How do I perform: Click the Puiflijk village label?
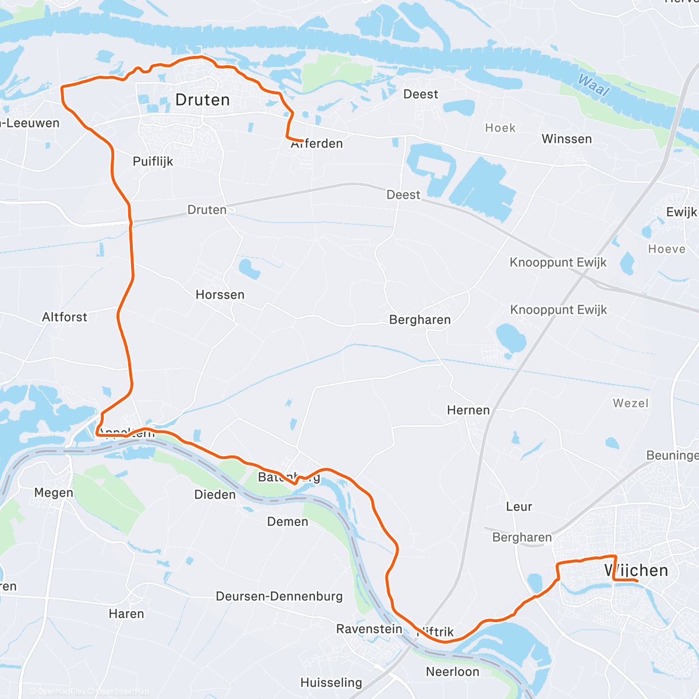(153, 161)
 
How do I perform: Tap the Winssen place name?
(566, 139)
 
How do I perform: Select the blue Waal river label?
(594, 86)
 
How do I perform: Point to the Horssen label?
(220, 295)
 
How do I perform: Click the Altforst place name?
(65, 317)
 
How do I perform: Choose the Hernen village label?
(468, 410)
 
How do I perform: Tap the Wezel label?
(630, 403)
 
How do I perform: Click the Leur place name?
(519, 507)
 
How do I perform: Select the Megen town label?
(54, 493)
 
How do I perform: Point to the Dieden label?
(215, 495)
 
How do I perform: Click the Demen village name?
(288, 521)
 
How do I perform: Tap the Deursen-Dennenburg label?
(279, 596)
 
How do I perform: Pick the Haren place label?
(126, 613)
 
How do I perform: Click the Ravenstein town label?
(369, 629)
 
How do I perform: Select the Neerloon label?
(453, 672)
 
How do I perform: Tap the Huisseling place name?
(331, 682)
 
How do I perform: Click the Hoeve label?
(667, 249)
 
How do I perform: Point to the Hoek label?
(500, 128)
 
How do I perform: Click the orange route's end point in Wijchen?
(637, 580)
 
